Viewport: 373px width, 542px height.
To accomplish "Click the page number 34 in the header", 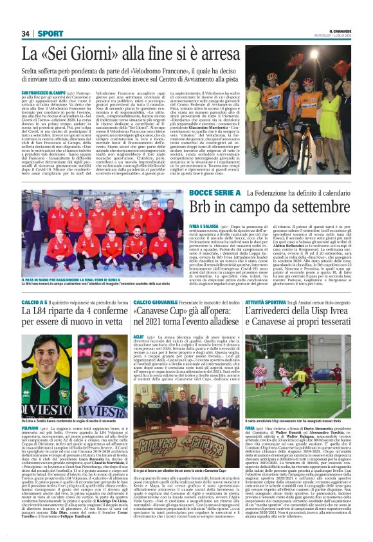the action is (26, 33).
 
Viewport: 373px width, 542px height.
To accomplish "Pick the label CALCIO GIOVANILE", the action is (157, 303).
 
